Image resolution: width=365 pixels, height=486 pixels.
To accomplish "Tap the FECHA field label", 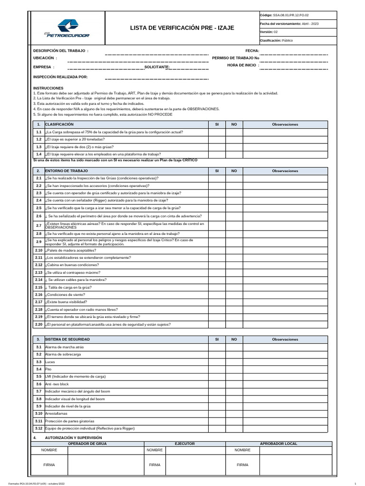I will (252, 50).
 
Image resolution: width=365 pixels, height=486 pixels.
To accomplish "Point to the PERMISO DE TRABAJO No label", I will (236, 58).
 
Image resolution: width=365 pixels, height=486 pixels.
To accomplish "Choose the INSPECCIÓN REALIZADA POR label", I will (60, 76).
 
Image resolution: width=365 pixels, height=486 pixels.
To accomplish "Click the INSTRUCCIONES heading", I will (48, 88).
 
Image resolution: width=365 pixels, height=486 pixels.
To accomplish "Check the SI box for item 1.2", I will (217, 140).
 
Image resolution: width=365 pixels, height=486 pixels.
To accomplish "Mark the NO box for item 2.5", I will (234, 208).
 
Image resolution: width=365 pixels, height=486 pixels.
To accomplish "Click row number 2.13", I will (39, 272).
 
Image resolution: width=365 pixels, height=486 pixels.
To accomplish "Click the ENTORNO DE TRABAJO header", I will (67, 170).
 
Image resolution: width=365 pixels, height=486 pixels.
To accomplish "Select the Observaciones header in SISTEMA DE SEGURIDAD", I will (285, 340).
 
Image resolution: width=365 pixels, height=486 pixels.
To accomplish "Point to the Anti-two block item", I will (57, 384).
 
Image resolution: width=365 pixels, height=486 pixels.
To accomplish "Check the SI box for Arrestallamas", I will (217, 413).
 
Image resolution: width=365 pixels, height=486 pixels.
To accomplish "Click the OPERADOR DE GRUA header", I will (87, 443).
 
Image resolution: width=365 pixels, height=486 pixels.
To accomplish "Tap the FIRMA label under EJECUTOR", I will (154, 465).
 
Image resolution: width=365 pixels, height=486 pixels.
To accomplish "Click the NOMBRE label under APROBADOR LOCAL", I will (242, 449).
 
